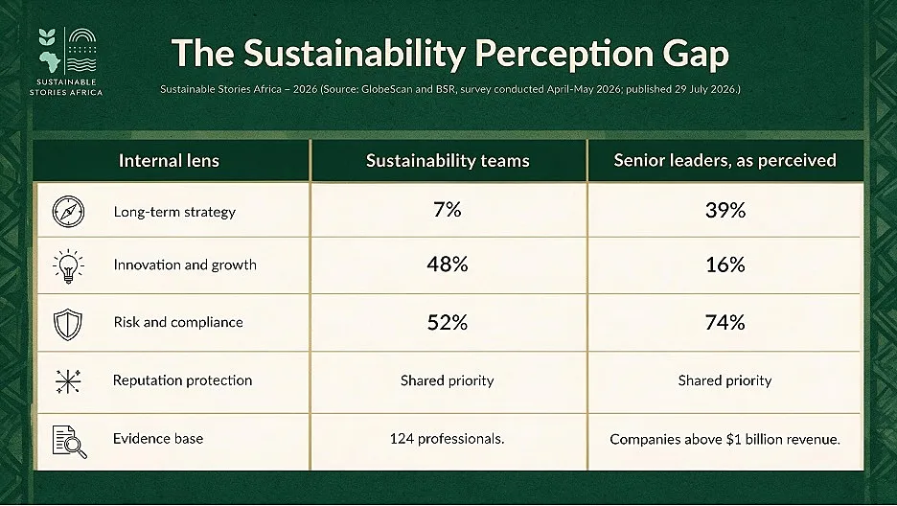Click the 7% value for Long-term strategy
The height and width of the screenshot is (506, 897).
(448, 211)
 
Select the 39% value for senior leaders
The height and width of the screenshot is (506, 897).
(725, 211)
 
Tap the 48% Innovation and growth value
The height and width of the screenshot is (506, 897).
(448, 264)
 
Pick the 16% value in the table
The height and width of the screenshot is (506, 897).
(725, 264)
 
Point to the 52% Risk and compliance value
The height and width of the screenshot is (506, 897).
(448, 322)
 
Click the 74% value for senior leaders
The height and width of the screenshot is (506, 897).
(725, 322)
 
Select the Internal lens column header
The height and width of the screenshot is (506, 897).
(169, 161)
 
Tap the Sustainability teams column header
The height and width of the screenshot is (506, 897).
(448, 161)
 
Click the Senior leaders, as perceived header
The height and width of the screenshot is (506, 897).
(725, 160)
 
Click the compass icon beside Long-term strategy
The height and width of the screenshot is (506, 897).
(68, 212)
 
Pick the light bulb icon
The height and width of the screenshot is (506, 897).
(68, 265)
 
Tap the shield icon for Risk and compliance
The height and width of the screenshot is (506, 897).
(67, 324)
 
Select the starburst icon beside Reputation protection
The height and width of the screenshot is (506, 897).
(68, 381)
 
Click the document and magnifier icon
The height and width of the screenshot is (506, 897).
(69, 442)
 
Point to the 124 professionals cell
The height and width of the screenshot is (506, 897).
(447, 439)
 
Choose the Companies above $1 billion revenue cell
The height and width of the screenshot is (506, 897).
(724, 439)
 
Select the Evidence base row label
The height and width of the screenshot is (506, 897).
(158, 439)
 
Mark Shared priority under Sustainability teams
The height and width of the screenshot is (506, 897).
(447, 380)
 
